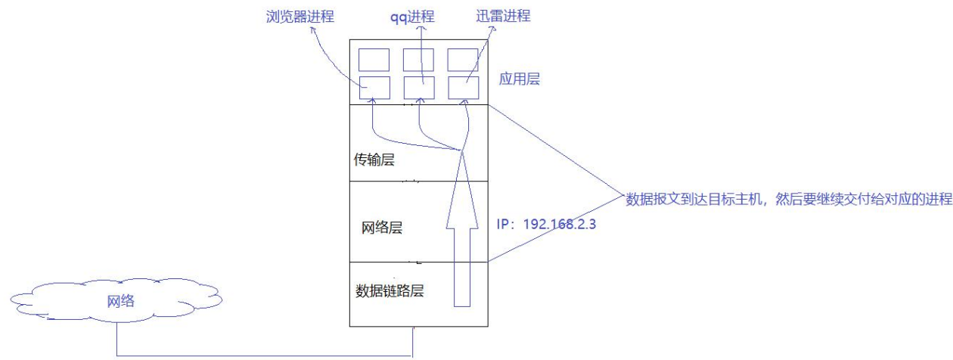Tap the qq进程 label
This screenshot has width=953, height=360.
pos(425,16)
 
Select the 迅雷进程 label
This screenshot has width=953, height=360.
pos(504,16)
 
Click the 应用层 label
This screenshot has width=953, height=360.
pos(520,79)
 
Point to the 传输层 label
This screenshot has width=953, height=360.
pos(376,160)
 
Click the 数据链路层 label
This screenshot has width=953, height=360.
pos(389,290)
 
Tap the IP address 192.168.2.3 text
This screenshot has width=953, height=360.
pos(547,225)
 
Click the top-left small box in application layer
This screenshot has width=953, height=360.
pos(374,60)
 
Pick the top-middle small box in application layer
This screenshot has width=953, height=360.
pos(418,60)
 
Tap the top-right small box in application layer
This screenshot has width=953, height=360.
pos(463,60)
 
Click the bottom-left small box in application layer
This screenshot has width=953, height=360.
pos(374,88)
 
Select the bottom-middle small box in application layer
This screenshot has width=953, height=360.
pos(418,88)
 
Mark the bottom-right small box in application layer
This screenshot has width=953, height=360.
pos(463,88)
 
